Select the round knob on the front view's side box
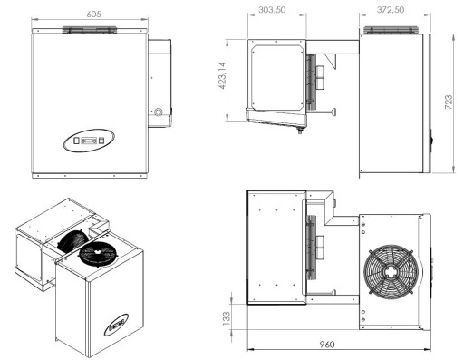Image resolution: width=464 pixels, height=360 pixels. point(159,113)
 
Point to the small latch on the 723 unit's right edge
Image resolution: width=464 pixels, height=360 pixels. point(430,140)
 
